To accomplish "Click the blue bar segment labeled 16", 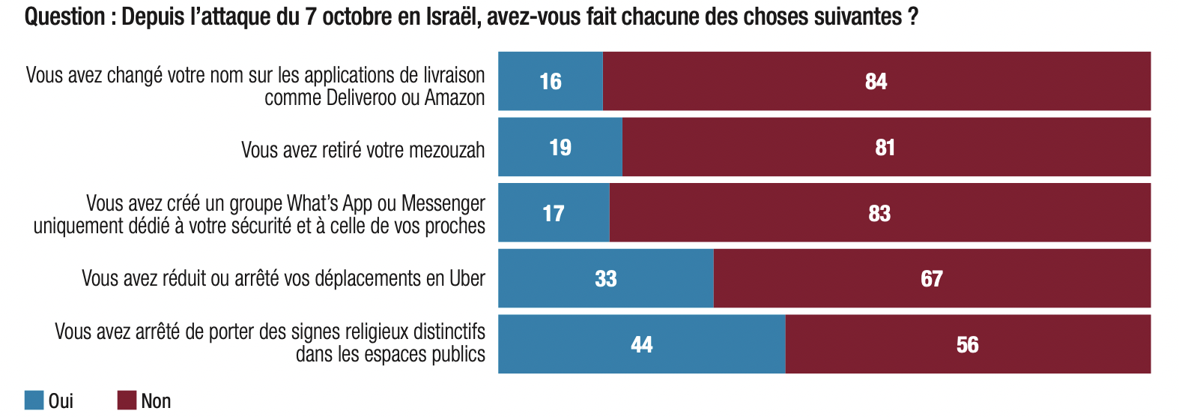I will (x=551, y=81).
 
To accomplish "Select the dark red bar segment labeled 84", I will (x=876, y=81).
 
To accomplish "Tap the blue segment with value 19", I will (x=560, y=147).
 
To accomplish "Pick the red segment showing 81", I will (x=885, y=147).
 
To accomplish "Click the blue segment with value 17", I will (x=554, y=213).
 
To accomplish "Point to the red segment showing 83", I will (x=879, y=213).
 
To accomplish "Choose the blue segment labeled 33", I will (x=605, y=279).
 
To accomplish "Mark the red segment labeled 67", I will (x=931, y=279).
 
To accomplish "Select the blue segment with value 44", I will (x=641, y=344).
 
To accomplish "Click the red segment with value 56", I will (x=967, y=344).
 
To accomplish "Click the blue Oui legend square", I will (x=34, y=400).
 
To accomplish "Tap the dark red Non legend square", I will (x=127, y=400).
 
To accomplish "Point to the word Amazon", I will (x=455, y=98).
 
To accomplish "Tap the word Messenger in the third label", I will (x=443, y=203).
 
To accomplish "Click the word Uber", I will (x=467, y=279).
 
